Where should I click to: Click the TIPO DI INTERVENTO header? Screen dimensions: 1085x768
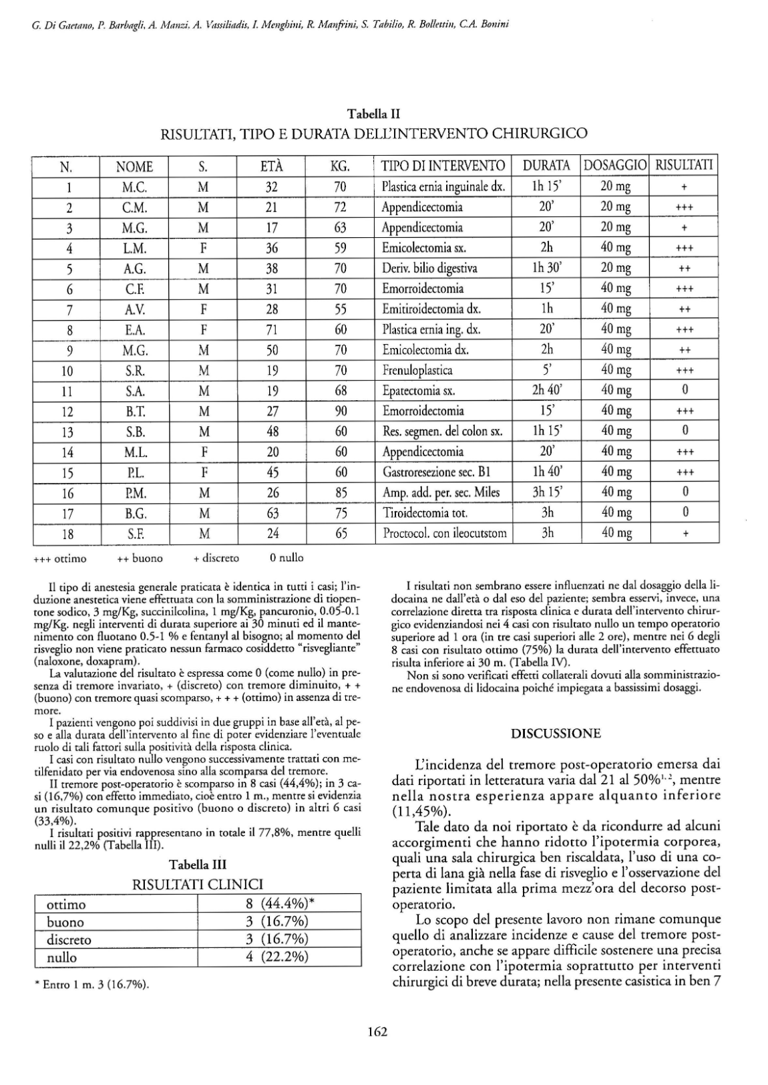pos(443,166)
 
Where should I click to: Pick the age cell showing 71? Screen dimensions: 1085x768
pos(271,329)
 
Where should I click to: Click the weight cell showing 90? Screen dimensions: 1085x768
pos(341,411)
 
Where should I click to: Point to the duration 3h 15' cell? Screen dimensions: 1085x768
pos(546,492)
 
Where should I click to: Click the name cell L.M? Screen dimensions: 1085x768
pos(134,248)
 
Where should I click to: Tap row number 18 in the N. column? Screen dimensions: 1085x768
pos(67,534)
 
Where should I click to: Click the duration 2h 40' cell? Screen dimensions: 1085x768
pos(546,390)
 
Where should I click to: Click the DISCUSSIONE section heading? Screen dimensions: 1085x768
pos(556,734)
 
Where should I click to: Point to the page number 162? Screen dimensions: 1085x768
pos(377,1031)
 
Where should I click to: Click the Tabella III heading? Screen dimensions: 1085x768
pos(198,865)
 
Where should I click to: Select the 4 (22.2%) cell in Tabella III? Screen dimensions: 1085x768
pos(277,957)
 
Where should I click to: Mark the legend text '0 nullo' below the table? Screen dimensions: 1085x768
pos(286,557)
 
